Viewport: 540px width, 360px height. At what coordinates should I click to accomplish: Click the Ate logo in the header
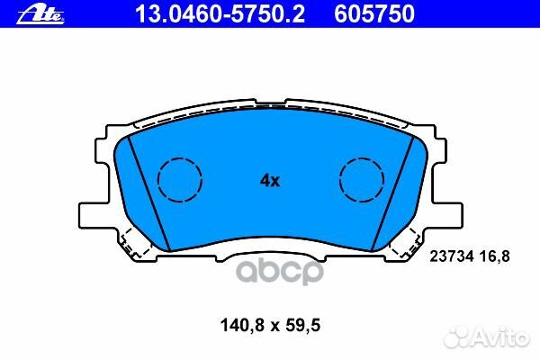click(40, 14)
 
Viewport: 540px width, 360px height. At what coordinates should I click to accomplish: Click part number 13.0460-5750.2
click(220, 14)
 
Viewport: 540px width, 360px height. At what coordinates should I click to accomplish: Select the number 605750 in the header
click(374, 14)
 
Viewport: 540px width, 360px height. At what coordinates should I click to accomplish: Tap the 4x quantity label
click(270, 181)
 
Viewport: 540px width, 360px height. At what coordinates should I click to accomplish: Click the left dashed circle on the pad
click(180, 157)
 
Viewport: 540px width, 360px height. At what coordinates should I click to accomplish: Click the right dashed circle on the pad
click(361, 157)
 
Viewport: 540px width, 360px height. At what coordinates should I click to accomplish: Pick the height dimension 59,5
click(302, 325)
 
